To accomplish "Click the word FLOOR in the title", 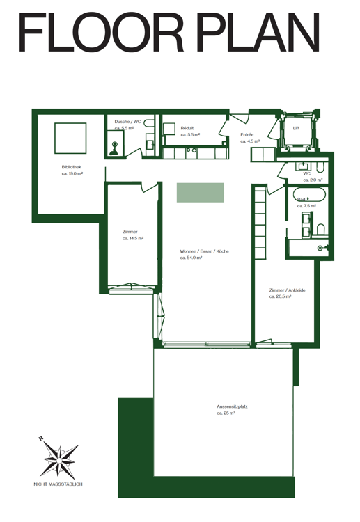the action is (101, 32).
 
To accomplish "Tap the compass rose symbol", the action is (59, 460).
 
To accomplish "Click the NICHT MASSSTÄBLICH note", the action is (58, 484).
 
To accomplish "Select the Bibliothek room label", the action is (71, 167).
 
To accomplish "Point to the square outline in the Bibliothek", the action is (70, 139).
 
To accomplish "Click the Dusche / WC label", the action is (127, 122).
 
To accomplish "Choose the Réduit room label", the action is (187, 128).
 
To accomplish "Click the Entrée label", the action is (247, 134).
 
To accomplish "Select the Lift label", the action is (296, 128).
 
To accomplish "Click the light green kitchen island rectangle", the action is (200, 192).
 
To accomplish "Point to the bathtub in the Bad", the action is (308, 195).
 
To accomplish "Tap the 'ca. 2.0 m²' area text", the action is (313, 180).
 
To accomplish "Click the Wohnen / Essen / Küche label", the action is (205, 251).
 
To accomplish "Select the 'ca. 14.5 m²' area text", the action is (133, 238).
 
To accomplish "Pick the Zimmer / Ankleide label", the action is (287, 290).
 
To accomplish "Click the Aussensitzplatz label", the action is (232, 406).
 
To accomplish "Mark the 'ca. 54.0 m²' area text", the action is (191, 258).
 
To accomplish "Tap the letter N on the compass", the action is (41, 438).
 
